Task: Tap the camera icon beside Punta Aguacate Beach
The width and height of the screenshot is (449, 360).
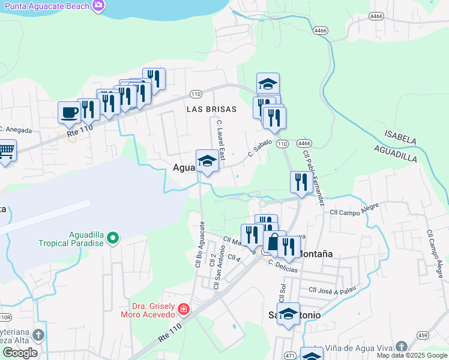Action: tap(98, 6)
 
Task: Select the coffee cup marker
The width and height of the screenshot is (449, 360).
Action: tap(69, 112)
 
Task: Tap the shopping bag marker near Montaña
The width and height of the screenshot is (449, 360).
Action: tap(274, 242)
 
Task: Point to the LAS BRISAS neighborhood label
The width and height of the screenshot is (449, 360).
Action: tap(211, 109)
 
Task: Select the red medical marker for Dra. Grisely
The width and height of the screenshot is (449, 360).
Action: tap(184, 310)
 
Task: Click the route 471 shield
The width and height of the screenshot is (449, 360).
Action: tap(290, 356)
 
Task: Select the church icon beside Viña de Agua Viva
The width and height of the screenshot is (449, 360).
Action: tap(401, 347)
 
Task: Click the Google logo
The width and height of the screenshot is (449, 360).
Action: tap(20, 353)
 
